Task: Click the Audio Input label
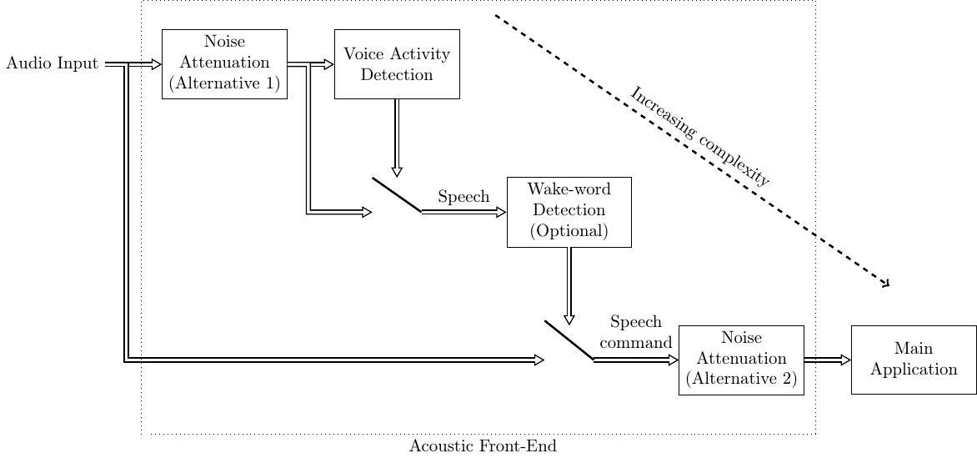click(52, 63)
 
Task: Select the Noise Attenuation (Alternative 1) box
click(224, 63)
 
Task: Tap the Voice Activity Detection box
click(397, 63)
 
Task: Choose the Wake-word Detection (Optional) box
click(569, 212)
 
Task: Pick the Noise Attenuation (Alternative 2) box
click(741, 360)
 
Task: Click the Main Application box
click(914, 360)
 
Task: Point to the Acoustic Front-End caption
click(483, 446)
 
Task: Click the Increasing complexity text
click(700, 135)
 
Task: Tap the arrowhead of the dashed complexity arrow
click(886, 285)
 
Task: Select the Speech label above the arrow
click(463, 198)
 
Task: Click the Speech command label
click(636, 332)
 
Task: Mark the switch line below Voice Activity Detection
click(397, 195)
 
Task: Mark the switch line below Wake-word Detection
click(569, 340)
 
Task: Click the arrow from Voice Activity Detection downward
click(397, 137)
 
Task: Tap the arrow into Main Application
click(827, 360)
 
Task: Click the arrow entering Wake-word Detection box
click(464, 212)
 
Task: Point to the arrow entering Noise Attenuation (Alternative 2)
click(637, 360)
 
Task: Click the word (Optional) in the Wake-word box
click(569, 231)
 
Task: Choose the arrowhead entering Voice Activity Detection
click(328, 63)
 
